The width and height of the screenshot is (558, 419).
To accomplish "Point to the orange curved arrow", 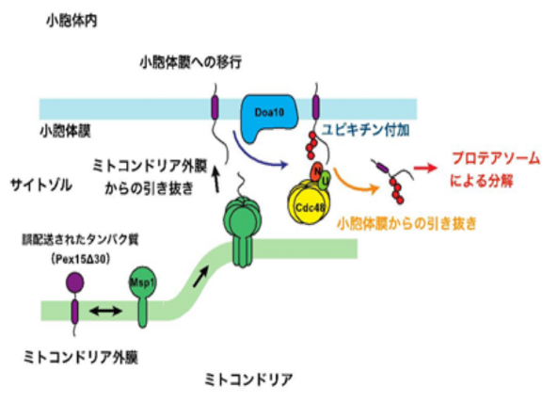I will (355, 183).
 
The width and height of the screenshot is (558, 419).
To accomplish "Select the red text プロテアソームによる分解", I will (488, 170).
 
